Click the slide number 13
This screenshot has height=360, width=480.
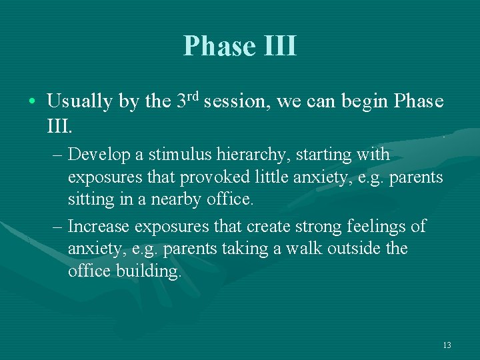pyautogui.click(x=447, y=345)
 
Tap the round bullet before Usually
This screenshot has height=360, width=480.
pyautogui.click(x=33, y=102)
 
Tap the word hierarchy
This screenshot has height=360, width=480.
pyautogui.click(x=253, y=155)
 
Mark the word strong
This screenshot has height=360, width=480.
pyautogui.click(x=317, y=226)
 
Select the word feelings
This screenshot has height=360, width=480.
pyautogui.click(x=375, y=226)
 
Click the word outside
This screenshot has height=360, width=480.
pyautogui.click(x=357, y=249)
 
